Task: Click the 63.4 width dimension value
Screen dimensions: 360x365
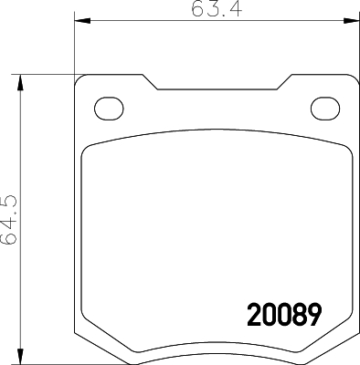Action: pos(217,9)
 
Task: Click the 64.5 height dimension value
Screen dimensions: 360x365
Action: pos(9,220)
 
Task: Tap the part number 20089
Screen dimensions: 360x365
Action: pos(284,315)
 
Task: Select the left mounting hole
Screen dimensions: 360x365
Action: pos(109,109)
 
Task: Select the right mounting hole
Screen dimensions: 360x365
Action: pos(325,109)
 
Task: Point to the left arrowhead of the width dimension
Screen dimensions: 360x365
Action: pos(82,21)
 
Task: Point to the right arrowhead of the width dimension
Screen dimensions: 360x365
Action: pos(352,21)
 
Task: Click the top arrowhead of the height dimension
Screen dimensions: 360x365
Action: pos(20,82)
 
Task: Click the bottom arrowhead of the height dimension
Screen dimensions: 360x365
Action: pos(20,356)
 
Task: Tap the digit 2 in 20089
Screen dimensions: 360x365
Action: pos(254,315)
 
